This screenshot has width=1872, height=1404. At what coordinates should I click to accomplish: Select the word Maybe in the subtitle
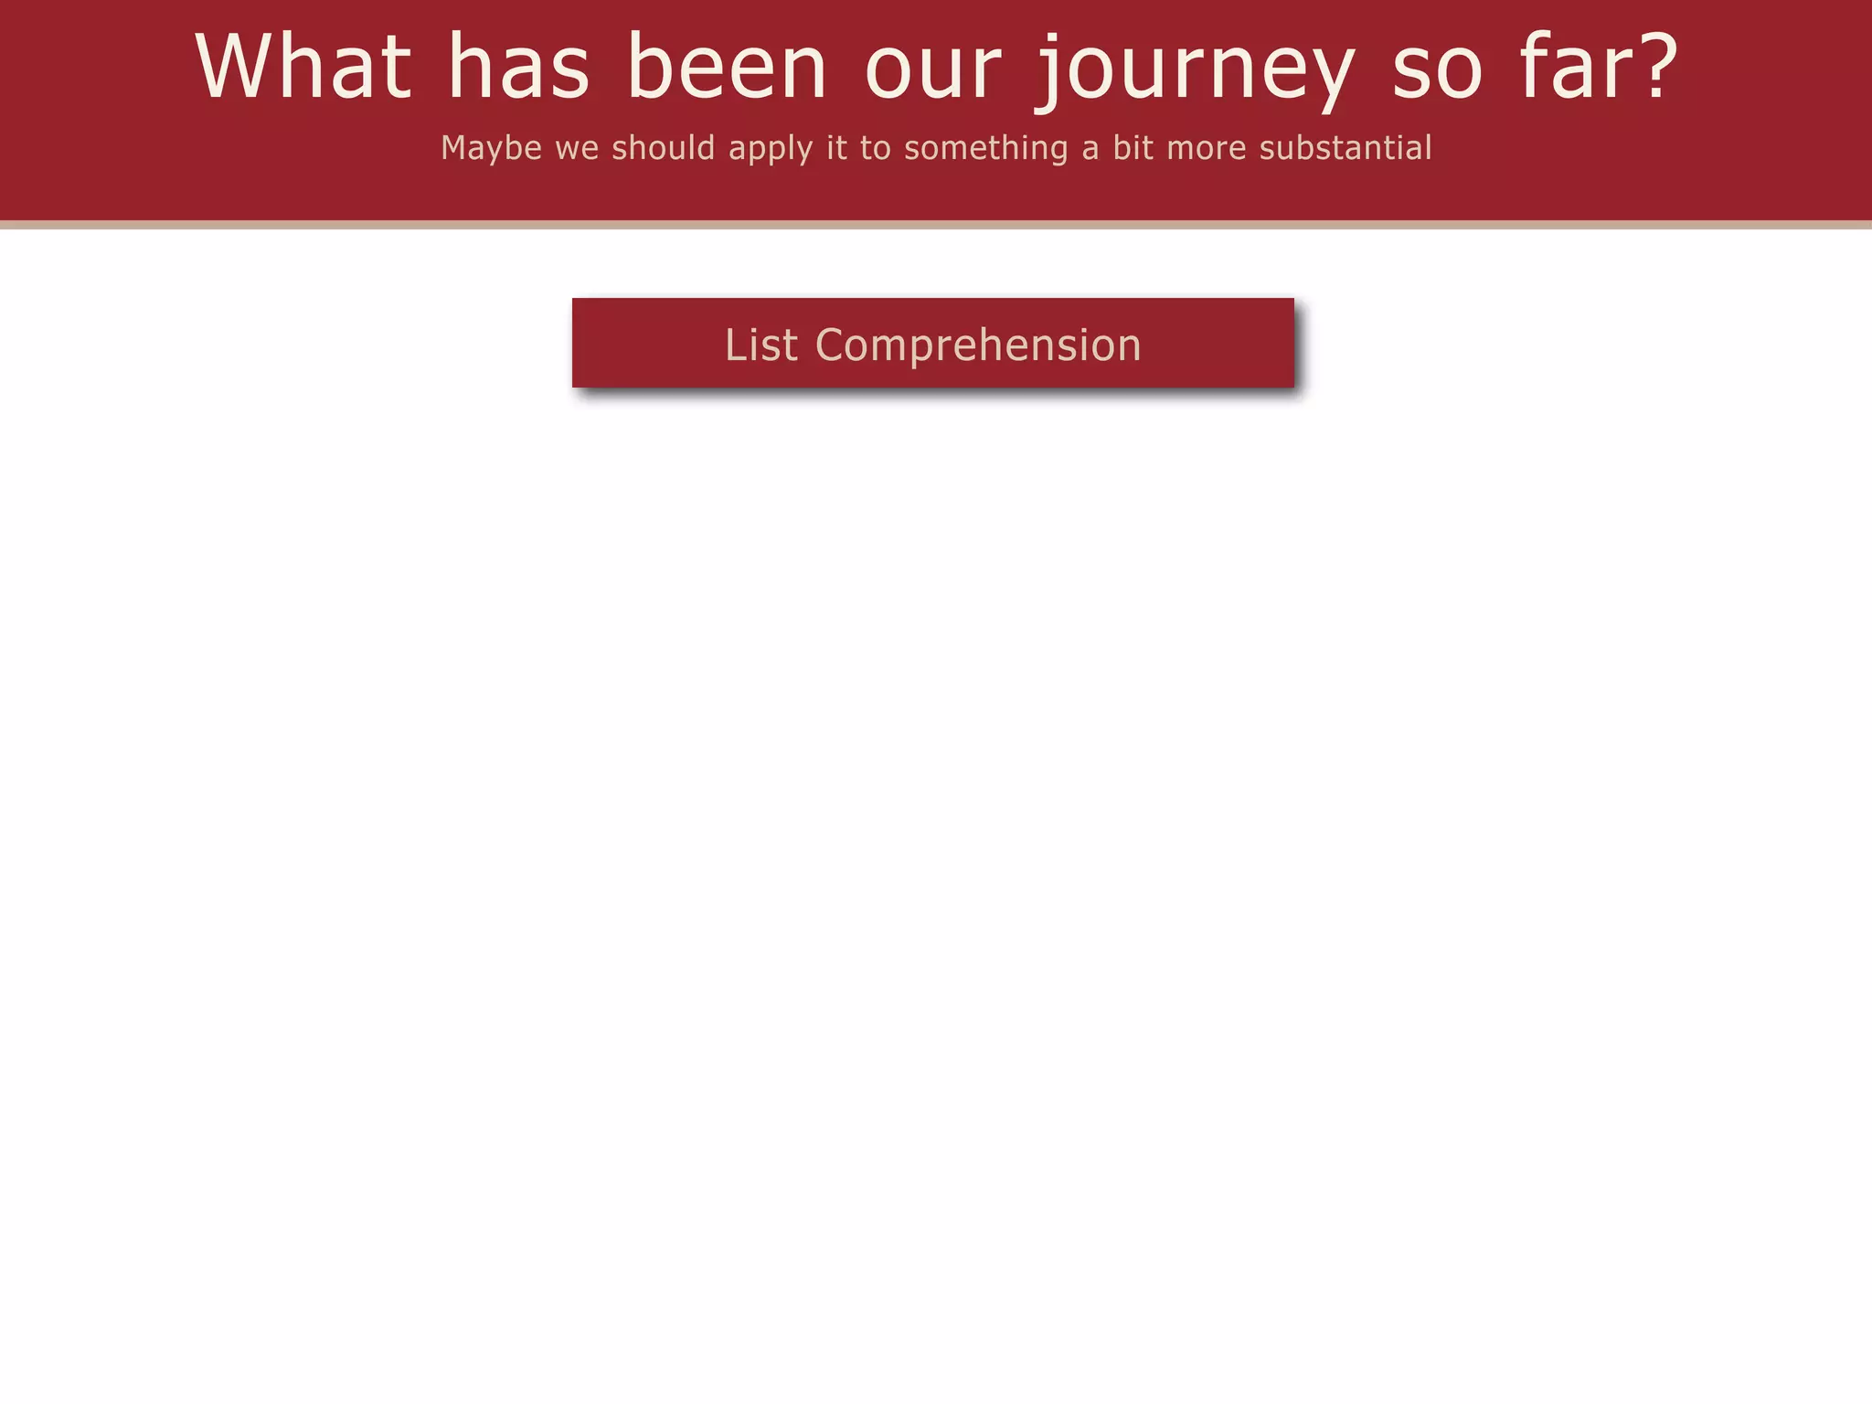click(492, 149)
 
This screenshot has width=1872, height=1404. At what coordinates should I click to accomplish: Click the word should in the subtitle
click(663, 148)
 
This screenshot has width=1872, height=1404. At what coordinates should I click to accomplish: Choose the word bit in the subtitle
click(1133, 148)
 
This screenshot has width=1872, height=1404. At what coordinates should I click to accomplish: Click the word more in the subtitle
click(1206, 149)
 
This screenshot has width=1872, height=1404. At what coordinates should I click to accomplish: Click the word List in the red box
click(761, 346)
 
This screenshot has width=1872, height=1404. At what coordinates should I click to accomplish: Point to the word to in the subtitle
click(875, 149)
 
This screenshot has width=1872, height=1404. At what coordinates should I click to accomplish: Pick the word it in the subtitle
click(836, 148)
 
